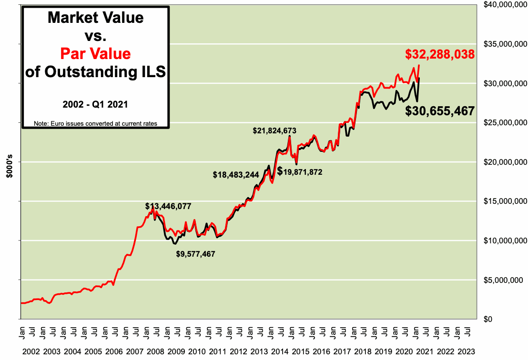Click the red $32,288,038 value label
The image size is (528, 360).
point(439,54)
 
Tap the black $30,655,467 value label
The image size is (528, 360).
point(439,111)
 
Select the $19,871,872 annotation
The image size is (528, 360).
point(300,171)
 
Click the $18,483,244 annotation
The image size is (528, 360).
point(235,175)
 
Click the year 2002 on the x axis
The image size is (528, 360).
point(31,351)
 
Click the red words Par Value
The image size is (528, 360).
point(95,53)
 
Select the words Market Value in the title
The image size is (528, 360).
point(95,18)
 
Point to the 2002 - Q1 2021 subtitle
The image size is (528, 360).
point(95,103)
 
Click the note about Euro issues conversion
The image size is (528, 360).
point(95,123)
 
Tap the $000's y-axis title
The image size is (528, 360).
point(9,167)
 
